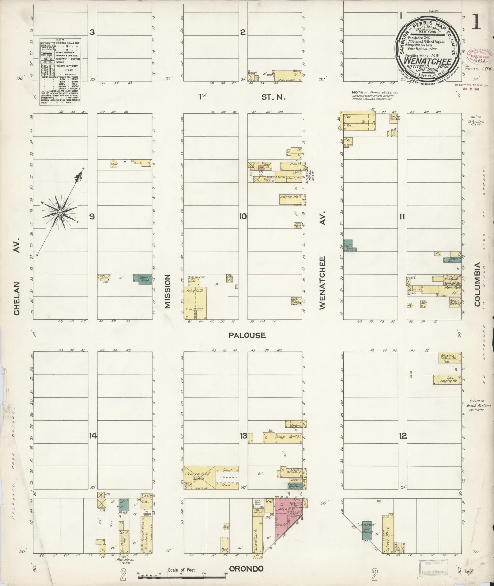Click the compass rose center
(x=60, y=212)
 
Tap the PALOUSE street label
(x=247, y=335)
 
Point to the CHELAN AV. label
(x=17, y=275)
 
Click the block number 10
(x=243, y=217)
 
